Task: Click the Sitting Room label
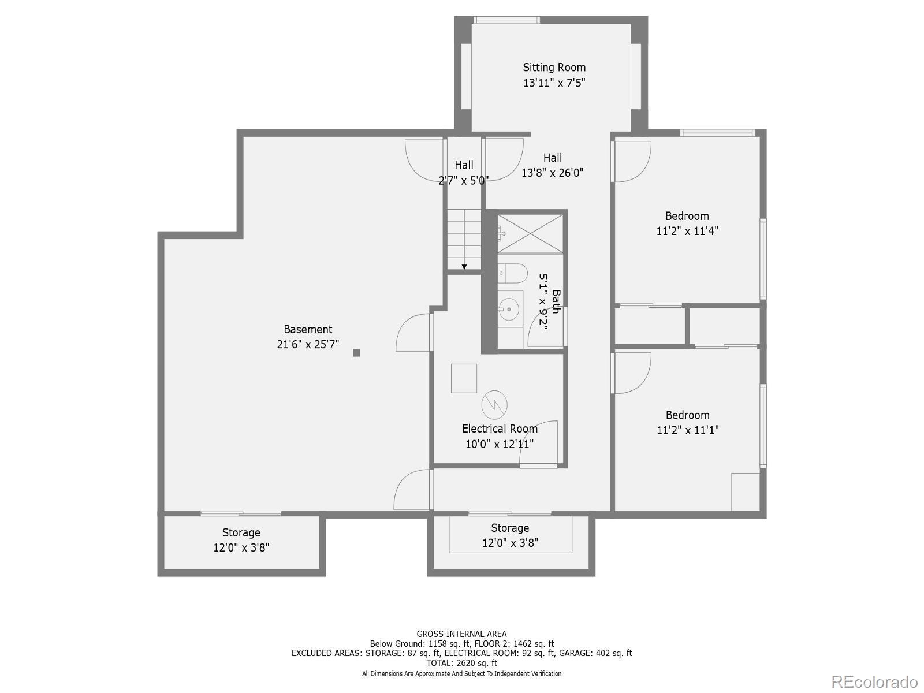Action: coord(554,68)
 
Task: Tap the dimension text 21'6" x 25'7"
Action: coord(308,344)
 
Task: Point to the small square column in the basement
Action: coord(356,353)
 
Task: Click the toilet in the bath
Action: coord(512,273)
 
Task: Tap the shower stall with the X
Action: coord(530,233)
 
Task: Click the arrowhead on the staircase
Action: coord(464,267)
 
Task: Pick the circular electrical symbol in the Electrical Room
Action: coord(494,404)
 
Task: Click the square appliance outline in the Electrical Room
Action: coord(464,378)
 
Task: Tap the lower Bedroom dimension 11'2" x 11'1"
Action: coord(687,430)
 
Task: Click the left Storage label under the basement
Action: coord(241,532)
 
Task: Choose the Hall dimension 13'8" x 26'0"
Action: coord(553,173)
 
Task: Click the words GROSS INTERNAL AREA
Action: coord(461,634)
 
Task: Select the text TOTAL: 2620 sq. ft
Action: coord(461,663)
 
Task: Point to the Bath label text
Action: coord(556,301)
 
